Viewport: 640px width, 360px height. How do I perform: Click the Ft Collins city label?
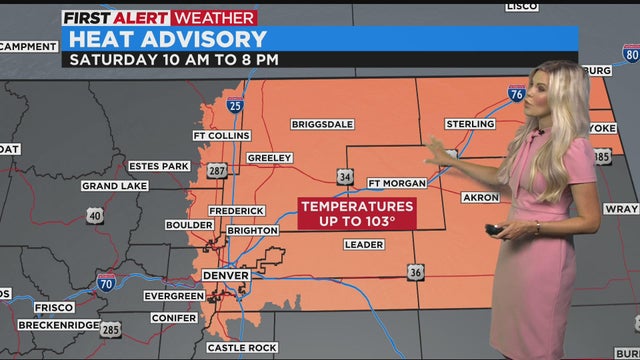click(x=220, y=136)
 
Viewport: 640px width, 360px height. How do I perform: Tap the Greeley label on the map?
click(x=269, y=158)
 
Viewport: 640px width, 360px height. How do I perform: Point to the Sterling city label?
click(x=469, y=124)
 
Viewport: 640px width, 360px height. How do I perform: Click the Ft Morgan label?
click(x=397, y=183)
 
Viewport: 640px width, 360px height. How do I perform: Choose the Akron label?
click(x=480, y=197)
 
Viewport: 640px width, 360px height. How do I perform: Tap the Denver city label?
click(x=225, y=275)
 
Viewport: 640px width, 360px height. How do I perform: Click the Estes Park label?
click(x=159, y=166)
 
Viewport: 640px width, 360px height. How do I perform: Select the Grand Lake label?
click(x=115, y=186)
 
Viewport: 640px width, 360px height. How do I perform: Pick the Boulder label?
click(x=189, y=225)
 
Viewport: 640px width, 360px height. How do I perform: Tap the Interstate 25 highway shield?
click(x=234, y=104)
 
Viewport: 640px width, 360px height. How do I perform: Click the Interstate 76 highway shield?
click(x=516, y=93)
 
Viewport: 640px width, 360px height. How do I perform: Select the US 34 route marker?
click(x=346, y=176)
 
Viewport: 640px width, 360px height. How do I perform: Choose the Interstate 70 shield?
click(x=105, y=283)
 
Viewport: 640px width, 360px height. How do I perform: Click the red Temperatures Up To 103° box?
click(x=357, y=213)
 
